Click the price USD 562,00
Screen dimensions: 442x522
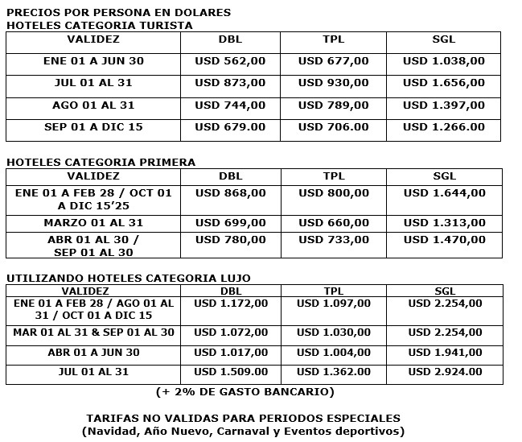click(230, 60)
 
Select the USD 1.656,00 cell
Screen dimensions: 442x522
click(444, 83)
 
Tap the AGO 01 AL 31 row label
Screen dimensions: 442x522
click(93, 105)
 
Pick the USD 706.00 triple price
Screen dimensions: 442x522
click(333, 126)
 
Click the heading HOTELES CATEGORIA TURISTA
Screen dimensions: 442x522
click(100, 25)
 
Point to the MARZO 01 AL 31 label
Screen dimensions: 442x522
click(93, 222)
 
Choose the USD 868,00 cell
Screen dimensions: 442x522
click(230, 192)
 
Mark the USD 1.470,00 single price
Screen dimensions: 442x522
click(444, 239)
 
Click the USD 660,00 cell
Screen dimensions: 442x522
click(333, 222)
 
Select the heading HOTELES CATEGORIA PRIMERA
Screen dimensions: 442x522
click(101, 163)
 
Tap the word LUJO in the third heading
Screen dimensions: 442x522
click(232, 278)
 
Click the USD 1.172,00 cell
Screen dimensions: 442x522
click(231, 303)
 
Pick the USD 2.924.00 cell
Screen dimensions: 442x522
click(445, 371)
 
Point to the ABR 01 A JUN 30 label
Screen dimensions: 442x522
click(93, 352)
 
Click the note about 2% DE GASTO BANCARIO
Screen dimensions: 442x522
click(245, 392)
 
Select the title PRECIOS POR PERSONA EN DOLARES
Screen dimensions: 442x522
click(118, 12)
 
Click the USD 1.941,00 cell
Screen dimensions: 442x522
click(445, 352)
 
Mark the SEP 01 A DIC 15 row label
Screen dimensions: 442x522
click(93, 126)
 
